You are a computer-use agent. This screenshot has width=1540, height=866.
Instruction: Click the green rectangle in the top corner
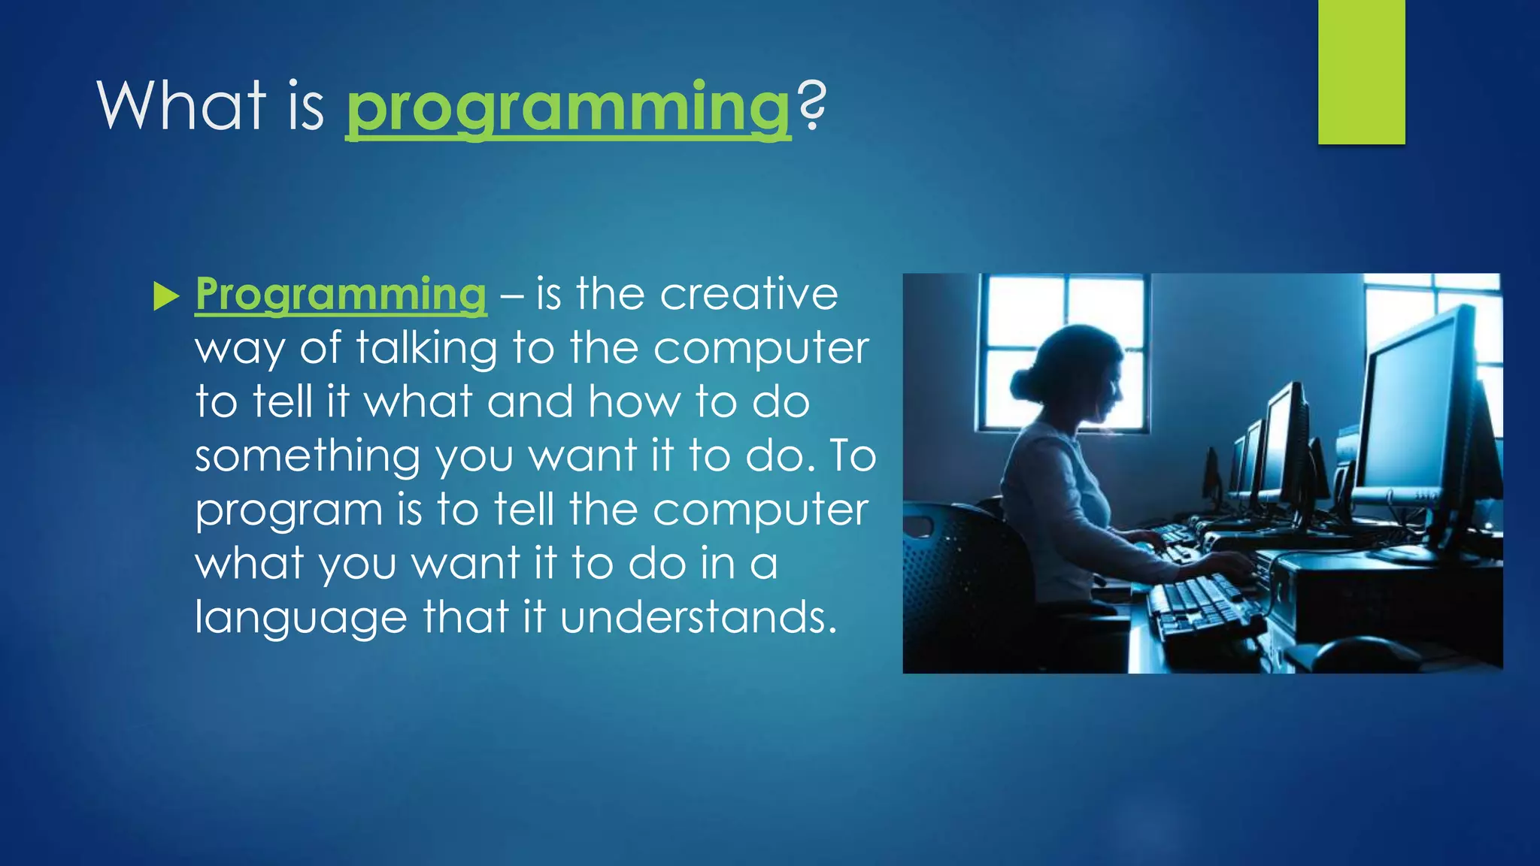click(x=1361, y=72)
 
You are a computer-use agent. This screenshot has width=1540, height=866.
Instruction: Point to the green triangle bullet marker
click(x=165, y=296)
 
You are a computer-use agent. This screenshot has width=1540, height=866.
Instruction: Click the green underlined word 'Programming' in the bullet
click(x=341, y=295)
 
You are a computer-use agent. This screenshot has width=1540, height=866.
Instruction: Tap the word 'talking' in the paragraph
click(x=426, y=349)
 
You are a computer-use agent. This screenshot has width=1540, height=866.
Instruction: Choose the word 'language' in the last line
click(x=301, y=619)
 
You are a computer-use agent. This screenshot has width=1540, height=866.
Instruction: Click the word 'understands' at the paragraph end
click(x=699, y=617)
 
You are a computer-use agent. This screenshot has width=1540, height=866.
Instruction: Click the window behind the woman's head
click(x=1063, y=353)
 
